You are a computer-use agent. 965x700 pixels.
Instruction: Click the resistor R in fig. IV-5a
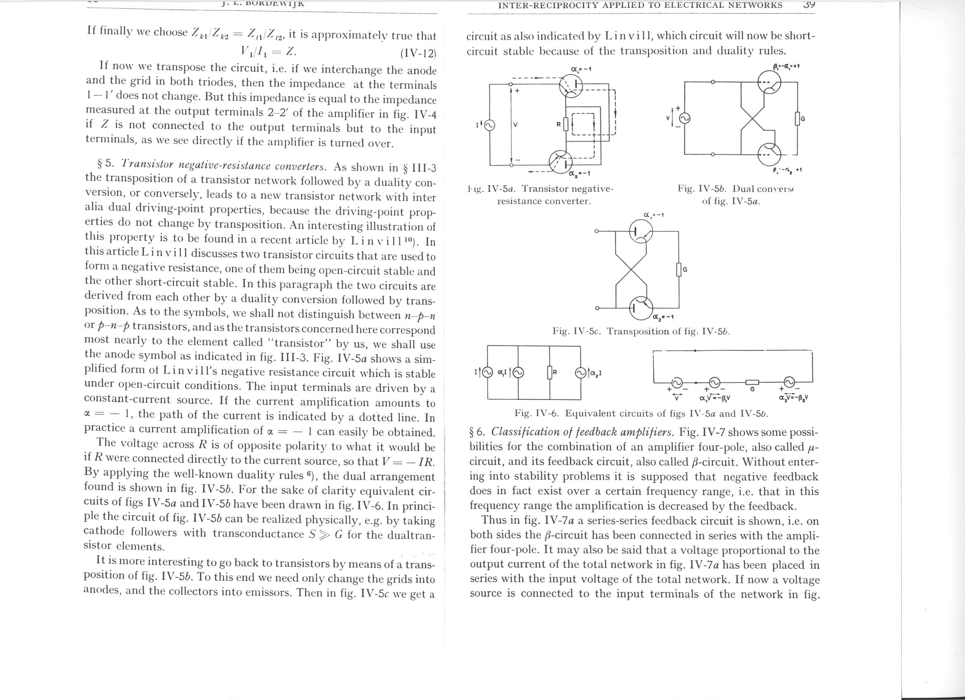[x=566, y=124]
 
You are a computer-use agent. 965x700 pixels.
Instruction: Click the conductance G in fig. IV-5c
[x=679, y=270]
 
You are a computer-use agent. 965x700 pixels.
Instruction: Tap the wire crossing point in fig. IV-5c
[x=631, y=270]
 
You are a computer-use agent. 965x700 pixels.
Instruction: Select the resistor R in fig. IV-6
[x=549, y=373]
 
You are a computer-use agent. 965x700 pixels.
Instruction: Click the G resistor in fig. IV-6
[x=752, y=382]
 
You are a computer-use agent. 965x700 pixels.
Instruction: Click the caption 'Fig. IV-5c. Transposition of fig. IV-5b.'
[x=641, y=331]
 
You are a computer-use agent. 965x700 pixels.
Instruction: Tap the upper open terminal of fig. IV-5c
[x=597, y=231]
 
